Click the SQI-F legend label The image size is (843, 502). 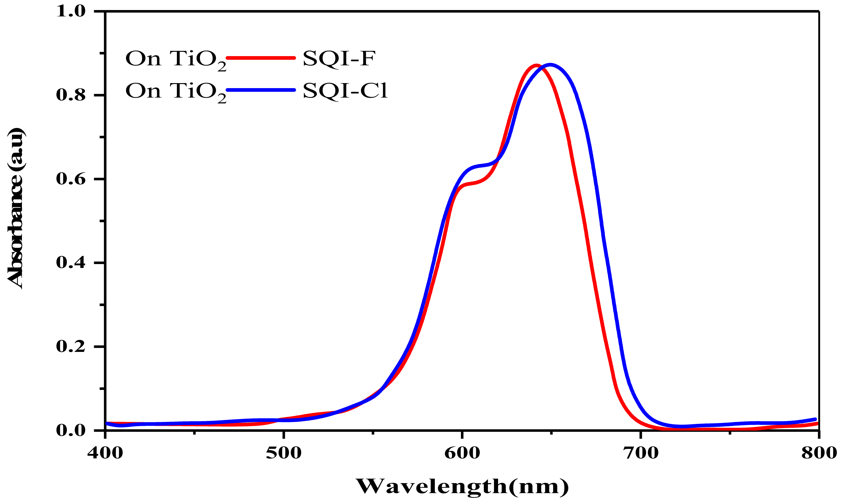339,59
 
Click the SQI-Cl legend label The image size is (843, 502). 345,91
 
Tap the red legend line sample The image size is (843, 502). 260,58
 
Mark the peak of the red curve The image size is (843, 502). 536,65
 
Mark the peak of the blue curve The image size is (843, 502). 550,64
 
